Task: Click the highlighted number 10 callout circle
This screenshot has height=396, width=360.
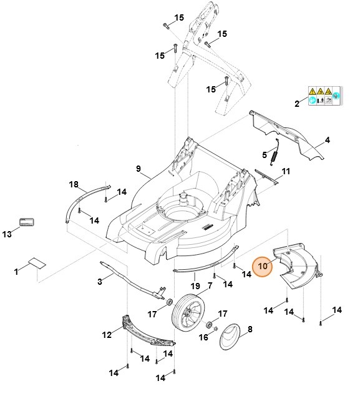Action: pyautogui.click(x=262, y=267)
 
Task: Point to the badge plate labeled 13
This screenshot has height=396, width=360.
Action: pyautogui.click(x=26, y=222)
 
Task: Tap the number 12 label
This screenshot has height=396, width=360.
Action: pyautogui.click(x=107, y=334)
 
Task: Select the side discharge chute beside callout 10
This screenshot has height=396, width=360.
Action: pyautogui.click(x=296, y=269)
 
